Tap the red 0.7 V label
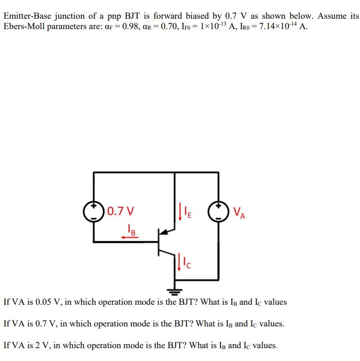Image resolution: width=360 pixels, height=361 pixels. pyautogui.click(x=121, y=211)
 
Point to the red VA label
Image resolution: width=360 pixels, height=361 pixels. pyautogui.click(x=239, y=213)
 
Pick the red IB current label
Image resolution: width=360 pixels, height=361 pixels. pyautogui.click(x=132, y=230)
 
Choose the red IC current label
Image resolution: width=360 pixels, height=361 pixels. pyautogui.click(x=187, y=263)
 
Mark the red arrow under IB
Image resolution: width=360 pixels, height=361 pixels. pyautogui.click(x=130, y=237)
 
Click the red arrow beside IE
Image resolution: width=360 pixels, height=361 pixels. pyautogui.click(x=180, y=212)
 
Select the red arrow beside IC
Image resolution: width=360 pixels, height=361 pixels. pyautogui.click(x=179, y=262)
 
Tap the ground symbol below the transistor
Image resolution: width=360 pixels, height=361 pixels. pyautogui.click(x=175, y=291)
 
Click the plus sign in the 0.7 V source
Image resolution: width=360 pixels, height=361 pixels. pyautogui.click(x=94, y=206)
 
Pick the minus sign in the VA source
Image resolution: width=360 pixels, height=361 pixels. pyautogui.click(x=218, y=218)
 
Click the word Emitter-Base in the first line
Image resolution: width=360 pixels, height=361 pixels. pyautogui.click(x=28, y=16)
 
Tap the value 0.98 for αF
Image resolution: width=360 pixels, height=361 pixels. pyautogui.click(x=131, y=27)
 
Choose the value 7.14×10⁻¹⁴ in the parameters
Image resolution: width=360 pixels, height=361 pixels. pyautogui.click(x=278, y=26)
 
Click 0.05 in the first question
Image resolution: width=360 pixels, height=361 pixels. pyautogui.click(x=43, y=302)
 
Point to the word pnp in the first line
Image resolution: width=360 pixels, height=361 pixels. pyautogui.click(x=114, y=17)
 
